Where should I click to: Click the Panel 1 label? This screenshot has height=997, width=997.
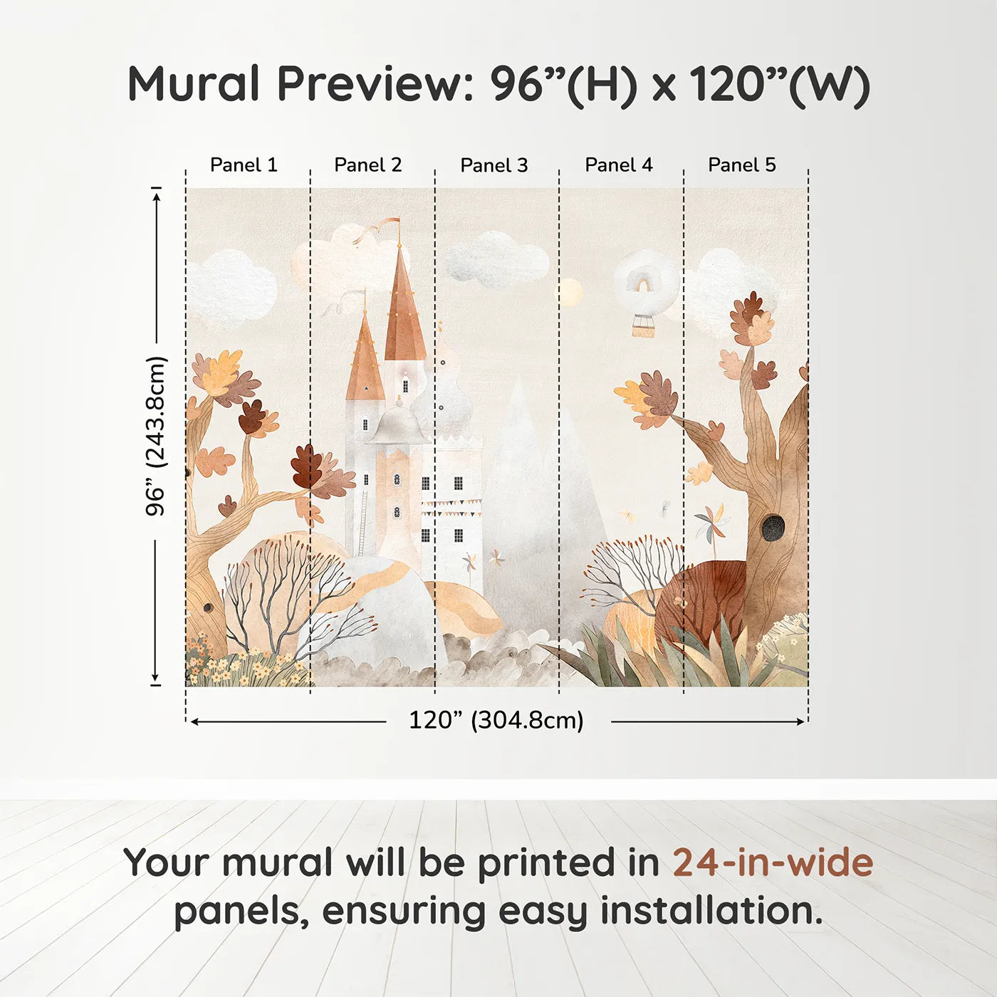pyautogui.click(x=244, y=165)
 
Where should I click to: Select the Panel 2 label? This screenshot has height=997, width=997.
pyautogui.click(x=368, y=165)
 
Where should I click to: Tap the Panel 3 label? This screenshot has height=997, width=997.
pyautogui.click(x=494, y=165)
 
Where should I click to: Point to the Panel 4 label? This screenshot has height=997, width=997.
pyautogui.click(x=619, y=165)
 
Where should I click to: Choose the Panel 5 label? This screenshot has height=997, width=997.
pyautogui.click(x=742, y=165)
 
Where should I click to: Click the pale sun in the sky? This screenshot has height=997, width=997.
pyautogui.click(x=569, y=292)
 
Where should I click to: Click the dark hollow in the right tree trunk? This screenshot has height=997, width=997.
pyautogui.click(x=773, y=527)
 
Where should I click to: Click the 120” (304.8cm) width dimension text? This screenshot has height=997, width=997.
pyautogui.click(x=496, y=720)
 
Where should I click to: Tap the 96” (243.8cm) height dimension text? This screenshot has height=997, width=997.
pyautogui.click(x=156, y=436)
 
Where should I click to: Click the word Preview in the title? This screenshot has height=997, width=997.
pyautogui.click(x=375, y=84)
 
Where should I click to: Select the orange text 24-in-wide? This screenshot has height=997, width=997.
pyautogui.click(x=773, y=862)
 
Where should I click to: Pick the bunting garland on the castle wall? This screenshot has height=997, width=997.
pyautogui.click(x=451, y=507)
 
